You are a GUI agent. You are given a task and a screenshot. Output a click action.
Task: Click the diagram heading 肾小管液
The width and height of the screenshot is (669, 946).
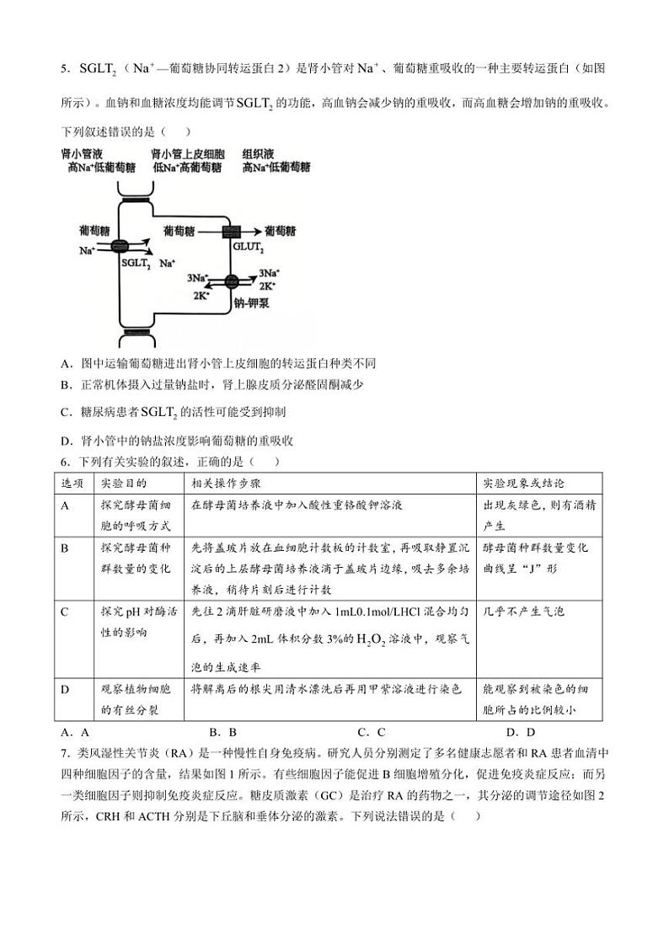[82, 155]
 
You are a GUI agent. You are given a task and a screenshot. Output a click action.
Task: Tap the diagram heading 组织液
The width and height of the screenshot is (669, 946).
[256, 155]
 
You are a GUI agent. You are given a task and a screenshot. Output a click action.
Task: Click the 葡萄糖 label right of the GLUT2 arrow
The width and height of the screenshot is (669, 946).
[280, 230]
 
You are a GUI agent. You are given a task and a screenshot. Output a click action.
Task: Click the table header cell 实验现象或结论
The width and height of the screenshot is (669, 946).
[522, 484]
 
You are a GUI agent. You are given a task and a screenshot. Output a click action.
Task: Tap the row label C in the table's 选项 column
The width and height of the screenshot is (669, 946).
[65, 612]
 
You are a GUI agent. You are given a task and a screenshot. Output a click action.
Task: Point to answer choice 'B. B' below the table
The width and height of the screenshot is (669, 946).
[222, 732]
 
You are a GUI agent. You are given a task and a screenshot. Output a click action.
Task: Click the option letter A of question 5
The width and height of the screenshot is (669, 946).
[65, 363]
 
